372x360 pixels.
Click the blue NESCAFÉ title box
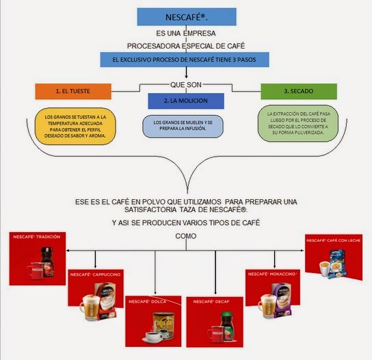coord(186,17)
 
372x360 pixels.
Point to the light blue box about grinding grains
coord(187,125)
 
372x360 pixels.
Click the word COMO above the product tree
coord(186,236)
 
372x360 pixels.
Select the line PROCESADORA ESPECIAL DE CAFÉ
coord(186,47)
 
